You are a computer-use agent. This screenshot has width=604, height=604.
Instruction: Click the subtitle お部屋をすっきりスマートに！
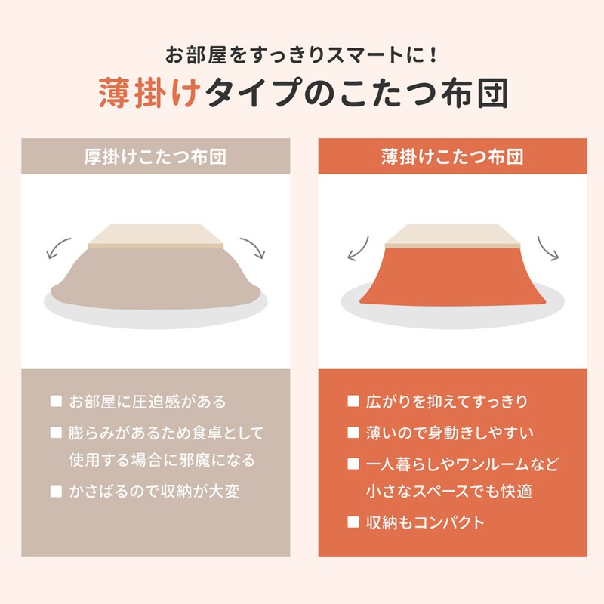point(301,56)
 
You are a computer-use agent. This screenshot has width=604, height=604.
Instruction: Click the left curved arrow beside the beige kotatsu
point(57,248)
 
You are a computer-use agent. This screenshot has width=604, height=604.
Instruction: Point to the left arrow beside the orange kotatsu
point(357,248)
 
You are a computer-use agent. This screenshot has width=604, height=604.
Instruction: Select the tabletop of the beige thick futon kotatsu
point(156,236)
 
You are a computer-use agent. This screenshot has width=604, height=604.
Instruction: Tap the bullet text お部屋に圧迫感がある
point(147,401)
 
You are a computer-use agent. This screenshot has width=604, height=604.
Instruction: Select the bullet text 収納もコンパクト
point(425,522)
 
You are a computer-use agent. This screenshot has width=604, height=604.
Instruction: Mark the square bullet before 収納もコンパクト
point(353,522)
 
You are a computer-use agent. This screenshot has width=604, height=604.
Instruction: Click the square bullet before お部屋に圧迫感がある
point(56,401)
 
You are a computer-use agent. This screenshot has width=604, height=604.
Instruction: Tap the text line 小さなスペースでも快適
point(450,492)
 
